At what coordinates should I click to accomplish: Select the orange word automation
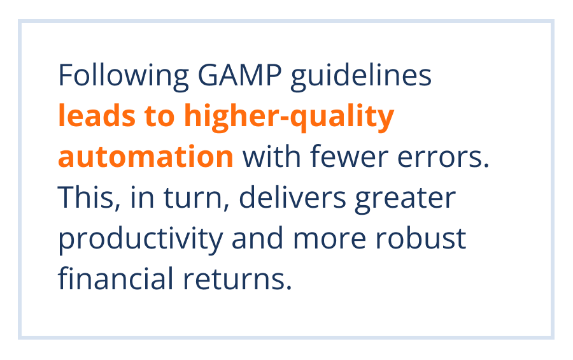[x=146, y=157]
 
